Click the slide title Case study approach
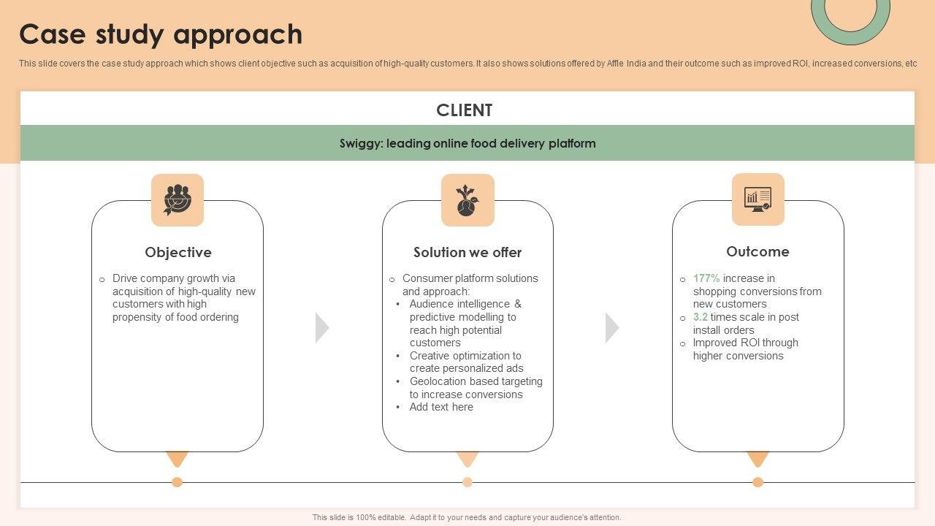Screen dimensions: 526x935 pyautogui.click(x=161, y=34)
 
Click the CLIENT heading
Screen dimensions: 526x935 pyautogui.click(x=465, y=110)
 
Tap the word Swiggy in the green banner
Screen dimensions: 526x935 pyautogui.click(x=360, y=143)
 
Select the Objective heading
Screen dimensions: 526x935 pyautogui.click(x=178, y=252)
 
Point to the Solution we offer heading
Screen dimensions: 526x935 pyautogui.click(x=467, y=252)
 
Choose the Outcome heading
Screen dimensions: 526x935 pyautogui.click(x=757, y=251)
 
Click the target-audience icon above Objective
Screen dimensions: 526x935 pyautogui.click(x=178, y=199)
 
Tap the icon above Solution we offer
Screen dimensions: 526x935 pyautogui.click(x=467, y=199)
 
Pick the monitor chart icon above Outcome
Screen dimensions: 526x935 pyautogui.click(x=757, y=199)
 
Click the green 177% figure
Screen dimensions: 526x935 pyautogui.click(x=706, y=278)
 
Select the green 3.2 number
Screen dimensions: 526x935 pyautogui.click(x=701, y=317)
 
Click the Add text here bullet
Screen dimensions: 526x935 pyautogui.click(x=441, y=407)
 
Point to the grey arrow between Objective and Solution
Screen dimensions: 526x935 pyautogui.click(x=321, y=327)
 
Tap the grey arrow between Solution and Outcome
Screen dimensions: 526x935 pyautogui.click(x=611, y=327)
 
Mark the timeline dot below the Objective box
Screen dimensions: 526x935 pyautogui.click(x=177, y=482)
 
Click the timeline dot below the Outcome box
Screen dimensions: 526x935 pyautogui.click(x=757, y=482)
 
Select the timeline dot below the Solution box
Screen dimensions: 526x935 pyautogui.click(x=467, y=482)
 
